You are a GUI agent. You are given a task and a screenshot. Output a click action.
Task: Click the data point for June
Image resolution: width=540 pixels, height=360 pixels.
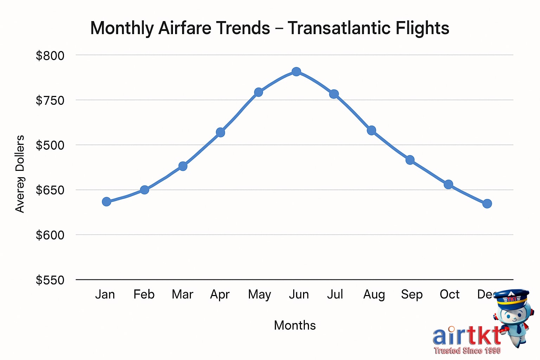(x=296, y=72)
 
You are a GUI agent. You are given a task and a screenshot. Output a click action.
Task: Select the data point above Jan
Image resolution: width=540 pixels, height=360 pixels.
(x=107, y=201)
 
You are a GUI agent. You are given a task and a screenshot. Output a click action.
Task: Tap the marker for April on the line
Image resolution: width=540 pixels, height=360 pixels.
(x=220, y=133)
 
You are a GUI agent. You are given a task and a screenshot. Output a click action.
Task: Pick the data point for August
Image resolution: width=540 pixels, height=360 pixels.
(x=372, y=131)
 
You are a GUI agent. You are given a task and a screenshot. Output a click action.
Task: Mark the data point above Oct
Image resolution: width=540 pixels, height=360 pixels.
(x=448, y=185)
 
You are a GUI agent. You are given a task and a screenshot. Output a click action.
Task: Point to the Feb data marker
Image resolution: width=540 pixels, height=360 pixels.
(x=144, y=190)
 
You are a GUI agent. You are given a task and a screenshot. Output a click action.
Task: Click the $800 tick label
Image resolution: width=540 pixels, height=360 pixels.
(x=50, y=56)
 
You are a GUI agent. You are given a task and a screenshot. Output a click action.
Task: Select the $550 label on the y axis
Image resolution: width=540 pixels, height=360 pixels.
(x=50, y=280)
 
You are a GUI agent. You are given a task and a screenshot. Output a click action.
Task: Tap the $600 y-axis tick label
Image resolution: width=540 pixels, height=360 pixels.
(x=50, y=235)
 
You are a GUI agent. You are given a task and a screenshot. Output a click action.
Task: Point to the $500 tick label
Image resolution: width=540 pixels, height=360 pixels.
(x=50, y=145)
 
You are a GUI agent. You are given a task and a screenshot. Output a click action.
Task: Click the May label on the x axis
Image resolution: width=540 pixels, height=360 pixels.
(x=259, y=295)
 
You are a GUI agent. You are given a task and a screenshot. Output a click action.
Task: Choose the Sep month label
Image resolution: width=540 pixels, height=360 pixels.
(x=412, y=295)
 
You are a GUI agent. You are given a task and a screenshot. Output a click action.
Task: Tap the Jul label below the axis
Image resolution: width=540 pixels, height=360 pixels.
(x=335, y=294)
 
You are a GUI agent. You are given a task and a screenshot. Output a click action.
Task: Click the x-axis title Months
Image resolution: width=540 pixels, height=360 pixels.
(x=295, y=325)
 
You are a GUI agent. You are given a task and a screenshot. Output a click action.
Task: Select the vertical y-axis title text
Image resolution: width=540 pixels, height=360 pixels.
(x=20, y=174)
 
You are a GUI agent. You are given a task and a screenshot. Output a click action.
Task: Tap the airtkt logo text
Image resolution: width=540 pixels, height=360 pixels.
(x=466, y=336)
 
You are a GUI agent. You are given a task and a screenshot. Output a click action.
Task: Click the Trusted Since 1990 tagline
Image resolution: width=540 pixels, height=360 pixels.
(x=467, y=351)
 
